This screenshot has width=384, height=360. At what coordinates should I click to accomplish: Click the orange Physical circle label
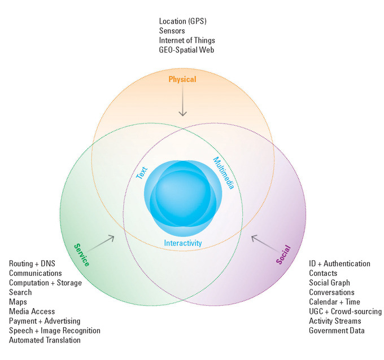click(x=182, y=80)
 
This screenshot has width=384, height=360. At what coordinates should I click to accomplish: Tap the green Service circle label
click(x=81, y=255)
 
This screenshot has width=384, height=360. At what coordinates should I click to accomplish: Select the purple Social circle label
click(x=283, y=255)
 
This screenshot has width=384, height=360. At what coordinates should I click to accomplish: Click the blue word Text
click(x=142, y=172)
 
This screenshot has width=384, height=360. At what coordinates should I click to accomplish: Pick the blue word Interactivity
click(x=183, y=243)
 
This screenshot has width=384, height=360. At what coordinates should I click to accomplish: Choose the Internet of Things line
click(x=187, y=41)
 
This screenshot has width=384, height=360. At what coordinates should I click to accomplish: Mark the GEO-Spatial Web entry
click(x=187, y=50)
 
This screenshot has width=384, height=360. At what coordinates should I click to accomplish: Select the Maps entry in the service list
click(x=18, y=302)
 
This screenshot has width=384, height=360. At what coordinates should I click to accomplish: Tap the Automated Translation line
click(x=45, y=340)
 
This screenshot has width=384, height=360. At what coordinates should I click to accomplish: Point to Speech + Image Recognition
click(x=54, y=331)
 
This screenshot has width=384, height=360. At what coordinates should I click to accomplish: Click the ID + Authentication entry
click(x=339, y=264)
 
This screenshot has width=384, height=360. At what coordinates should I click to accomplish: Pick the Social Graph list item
click(x=329, y=283)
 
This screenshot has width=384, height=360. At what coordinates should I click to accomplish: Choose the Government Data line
click(x=337, y=331)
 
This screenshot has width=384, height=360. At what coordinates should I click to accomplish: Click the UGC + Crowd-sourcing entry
click(x=345, y=311)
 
